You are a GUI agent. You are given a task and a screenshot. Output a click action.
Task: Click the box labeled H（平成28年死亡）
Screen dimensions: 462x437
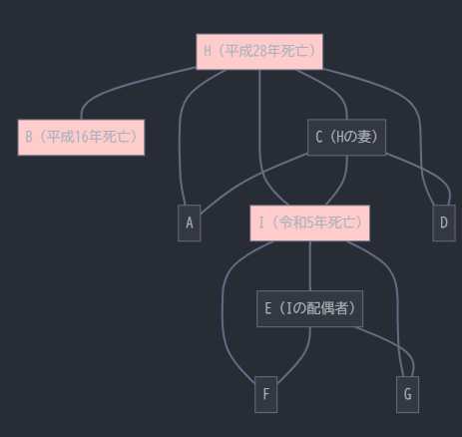(259, 52)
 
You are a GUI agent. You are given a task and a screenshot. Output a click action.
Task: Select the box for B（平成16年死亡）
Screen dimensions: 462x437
(81, 138)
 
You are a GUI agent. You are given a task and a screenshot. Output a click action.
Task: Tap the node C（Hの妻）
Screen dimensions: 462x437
(346, 137)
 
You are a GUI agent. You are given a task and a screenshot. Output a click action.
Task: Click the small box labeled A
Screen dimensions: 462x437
(190, 222)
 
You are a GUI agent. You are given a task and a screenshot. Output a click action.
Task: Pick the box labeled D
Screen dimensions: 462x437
(444, 222)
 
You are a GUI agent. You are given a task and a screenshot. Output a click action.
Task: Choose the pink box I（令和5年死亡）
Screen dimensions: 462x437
(309, 222)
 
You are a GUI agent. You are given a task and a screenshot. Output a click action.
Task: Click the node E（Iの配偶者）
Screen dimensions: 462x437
(309, 308)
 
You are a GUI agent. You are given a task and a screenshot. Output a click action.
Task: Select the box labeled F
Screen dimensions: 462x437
(265, 394)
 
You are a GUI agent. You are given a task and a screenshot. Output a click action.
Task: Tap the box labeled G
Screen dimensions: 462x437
(407, 394)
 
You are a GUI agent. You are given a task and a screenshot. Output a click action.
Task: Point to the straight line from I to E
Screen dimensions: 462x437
(310, 266)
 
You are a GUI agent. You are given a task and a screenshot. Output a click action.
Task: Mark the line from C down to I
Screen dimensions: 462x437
(342, 183)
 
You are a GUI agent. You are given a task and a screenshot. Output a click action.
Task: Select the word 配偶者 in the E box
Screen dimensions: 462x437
(326, 308)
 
